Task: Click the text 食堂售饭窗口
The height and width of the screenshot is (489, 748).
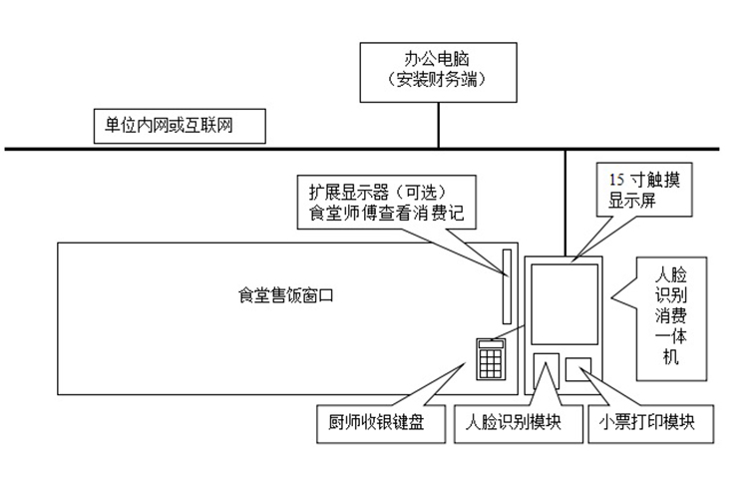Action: [x=283, y=295]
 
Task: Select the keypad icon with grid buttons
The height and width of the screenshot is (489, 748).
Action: [x=490, y=358]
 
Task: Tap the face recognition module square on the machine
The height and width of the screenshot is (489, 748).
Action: [x=546, y=369]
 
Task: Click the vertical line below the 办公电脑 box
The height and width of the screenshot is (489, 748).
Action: [x=439, y=125]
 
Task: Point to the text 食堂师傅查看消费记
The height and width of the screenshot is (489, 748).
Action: [x=388, y=213]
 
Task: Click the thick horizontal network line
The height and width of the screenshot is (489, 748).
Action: [x=299, y=150]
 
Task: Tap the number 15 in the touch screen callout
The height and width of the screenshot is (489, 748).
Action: [x=617, y=179]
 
